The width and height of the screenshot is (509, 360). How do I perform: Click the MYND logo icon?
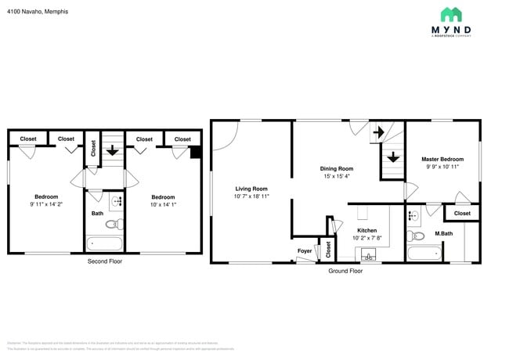point(451,15)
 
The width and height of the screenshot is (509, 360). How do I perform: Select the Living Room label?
point(251,189)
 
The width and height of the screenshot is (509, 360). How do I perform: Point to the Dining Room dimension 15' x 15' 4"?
point(337,176)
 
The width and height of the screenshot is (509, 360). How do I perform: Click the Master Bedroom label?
point(442,159)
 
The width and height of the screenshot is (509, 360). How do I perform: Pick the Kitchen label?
point(366,231)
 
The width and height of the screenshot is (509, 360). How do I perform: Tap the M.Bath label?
point(443,234)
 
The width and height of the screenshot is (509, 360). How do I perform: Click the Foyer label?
point(305,250)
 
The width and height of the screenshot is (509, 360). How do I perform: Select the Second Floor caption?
point(104,261)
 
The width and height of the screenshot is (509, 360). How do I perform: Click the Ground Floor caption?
point(345,270)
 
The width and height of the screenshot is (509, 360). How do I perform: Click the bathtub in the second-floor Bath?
point(103,243)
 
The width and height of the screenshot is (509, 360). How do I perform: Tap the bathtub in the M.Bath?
point(426,254)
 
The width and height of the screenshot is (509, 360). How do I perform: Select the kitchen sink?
point(368,254)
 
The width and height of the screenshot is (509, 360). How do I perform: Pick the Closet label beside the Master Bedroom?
point(462,213)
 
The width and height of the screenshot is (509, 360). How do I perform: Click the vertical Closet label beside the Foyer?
point(328,250)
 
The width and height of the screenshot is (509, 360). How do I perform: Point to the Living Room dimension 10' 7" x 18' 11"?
point(251,196)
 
